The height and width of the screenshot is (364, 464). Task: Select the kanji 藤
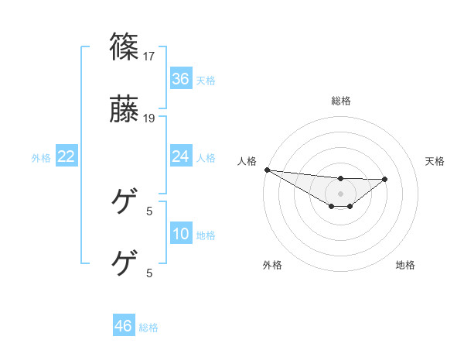point(125,110)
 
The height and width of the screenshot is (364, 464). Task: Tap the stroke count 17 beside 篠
point(150,57)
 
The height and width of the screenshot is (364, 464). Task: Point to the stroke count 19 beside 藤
point(150,118)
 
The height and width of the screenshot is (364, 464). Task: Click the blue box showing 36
point(181,79)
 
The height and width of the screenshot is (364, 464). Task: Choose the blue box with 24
point(181,156)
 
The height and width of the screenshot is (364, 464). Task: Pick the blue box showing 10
point(181,234)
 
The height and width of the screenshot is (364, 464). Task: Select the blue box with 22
point(67,156)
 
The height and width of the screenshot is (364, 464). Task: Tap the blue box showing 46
point(124,326)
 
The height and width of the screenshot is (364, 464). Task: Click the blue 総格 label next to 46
point(149,328)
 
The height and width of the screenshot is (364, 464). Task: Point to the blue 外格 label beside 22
point(41,158)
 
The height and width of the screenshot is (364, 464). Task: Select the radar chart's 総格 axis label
point(341,101)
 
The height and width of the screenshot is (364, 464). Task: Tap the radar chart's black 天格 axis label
point(435,161)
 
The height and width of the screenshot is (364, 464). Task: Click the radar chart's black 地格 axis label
point(405,265)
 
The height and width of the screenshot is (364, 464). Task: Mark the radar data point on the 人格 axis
point(267,170)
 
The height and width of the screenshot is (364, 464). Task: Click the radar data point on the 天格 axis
point(385,179)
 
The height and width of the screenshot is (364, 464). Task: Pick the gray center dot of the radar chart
point(341,194)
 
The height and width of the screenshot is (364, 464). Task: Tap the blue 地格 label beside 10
point(206,235)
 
